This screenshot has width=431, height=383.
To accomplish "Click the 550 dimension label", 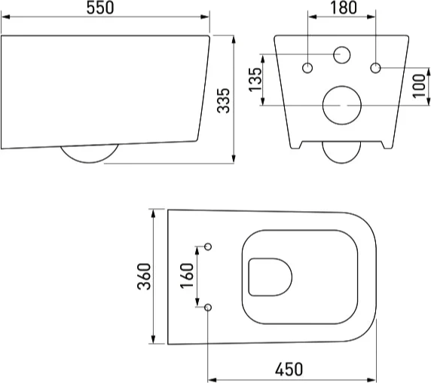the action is click(100, 8).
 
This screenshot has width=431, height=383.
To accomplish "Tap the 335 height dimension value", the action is click(223, 100).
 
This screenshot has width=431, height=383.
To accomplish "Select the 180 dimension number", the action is click(344, 8).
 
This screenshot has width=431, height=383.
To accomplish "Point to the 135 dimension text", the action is click(255, 79).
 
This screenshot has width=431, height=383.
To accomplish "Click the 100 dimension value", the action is click(419, 85).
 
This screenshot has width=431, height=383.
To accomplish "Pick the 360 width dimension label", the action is click(144, 277).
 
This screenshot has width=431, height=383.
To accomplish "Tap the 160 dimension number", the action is click(187, 276).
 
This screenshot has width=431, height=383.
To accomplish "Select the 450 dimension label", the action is click(289, 369).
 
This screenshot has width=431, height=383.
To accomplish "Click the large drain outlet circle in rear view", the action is click(342, 86).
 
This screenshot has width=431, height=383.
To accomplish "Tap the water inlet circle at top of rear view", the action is click(342, 47).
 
